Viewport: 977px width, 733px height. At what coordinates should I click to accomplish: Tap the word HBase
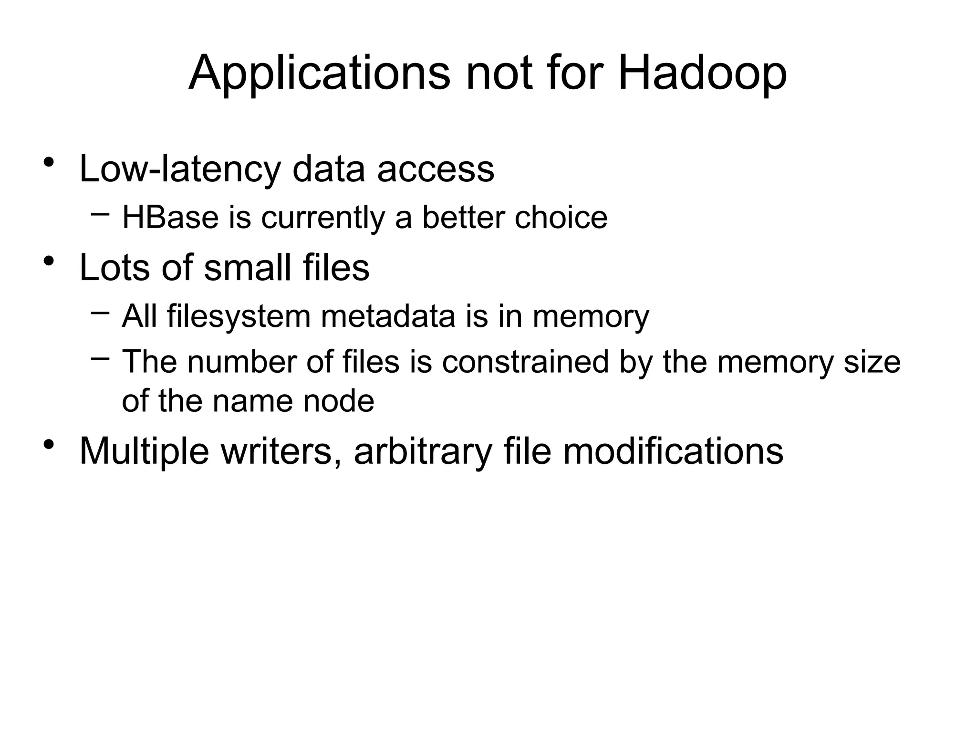[170, 218]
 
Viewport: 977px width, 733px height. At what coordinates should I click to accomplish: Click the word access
[436, 170]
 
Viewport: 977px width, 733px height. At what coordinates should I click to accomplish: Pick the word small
[248, 267]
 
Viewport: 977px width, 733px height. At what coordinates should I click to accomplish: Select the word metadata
[388, 316]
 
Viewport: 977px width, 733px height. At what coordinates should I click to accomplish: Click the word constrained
[526, 362]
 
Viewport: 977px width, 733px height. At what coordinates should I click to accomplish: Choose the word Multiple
[144, 451]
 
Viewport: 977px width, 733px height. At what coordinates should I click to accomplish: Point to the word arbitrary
[423, 451]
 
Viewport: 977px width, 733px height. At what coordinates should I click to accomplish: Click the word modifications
[673, 451]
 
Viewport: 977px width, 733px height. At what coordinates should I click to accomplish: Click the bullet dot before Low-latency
[48, 163]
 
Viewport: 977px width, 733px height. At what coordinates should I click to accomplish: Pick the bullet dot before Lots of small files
[48, 261]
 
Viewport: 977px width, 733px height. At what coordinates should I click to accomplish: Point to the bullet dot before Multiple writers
[48, 445]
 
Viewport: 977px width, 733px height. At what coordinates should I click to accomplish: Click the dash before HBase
[100, 213]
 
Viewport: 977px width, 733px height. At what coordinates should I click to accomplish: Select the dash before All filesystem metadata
[100, 312]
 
